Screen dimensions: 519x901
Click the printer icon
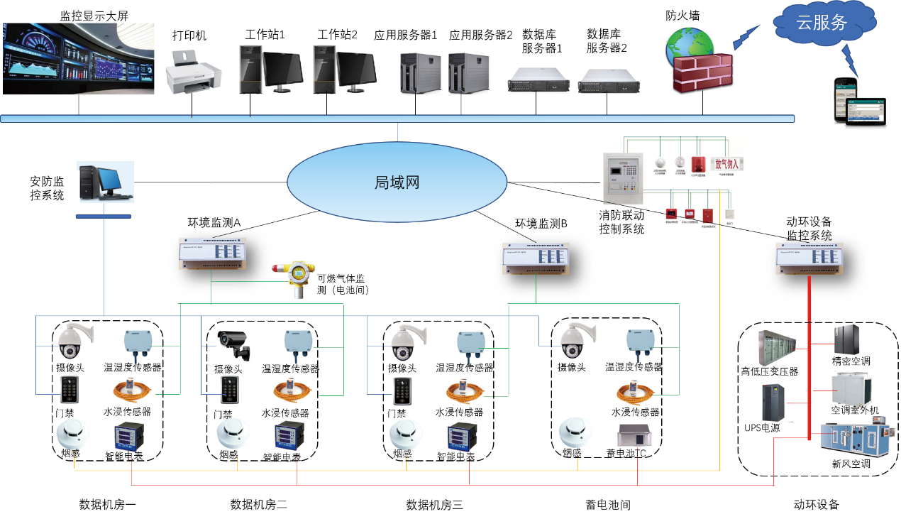point(193,75)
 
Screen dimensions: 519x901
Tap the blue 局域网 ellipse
point(397,182)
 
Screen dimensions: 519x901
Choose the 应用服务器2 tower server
point(468,72)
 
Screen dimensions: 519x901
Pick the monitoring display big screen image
point(78,58)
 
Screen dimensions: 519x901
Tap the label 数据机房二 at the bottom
point(259,505)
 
